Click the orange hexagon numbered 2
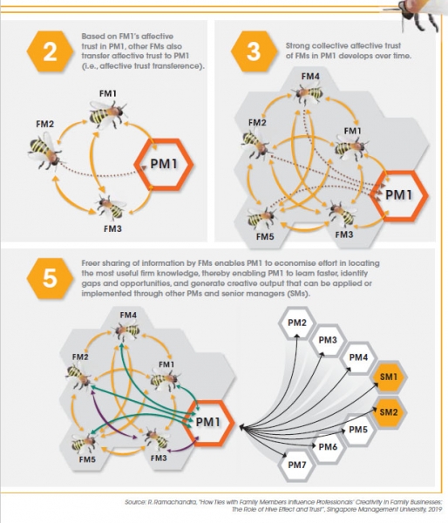tap(50, 51)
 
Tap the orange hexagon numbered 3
tap(254, 51)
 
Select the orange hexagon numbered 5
tap(50, 279)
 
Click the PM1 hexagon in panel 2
tap(164, 164)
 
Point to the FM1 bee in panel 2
tap(107, 114)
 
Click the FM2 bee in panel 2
tap(44, 151)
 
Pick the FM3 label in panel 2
tap(112, 228)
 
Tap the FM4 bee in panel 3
tap(308, 92)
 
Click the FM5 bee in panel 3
tap(261, 219)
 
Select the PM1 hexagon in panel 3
tap(399, 195)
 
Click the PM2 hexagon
tap(297, 323)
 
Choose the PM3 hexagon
tap(328, 340)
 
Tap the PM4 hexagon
tap(358, 357)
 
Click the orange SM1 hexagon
tap(389, 377)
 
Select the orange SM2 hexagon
tap(389, 412)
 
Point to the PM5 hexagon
tap(358, 430)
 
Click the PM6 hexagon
tap(328, 447)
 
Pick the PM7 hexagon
tap(297, 465)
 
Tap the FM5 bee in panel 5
tap(84, 444)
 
